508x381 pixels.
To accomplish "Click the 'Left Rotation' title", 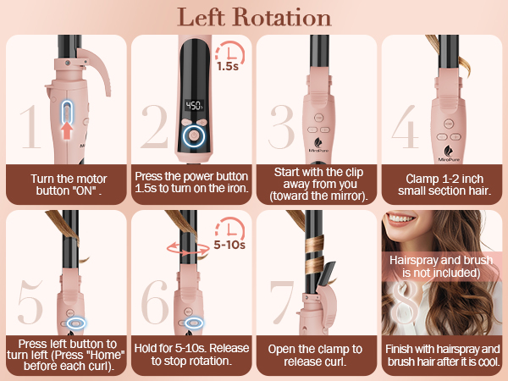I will (x=253, y=17).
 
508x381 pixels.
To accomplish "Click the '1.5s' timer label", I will (x=227, y=64).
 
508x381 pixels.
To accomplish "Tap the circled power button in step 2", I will (x=194, y=134).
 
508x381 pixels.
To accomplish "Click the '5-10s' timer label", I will (x=228, y=245).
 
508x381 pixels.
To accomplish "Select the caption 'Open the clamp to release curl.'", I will (x=314, y=355).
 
